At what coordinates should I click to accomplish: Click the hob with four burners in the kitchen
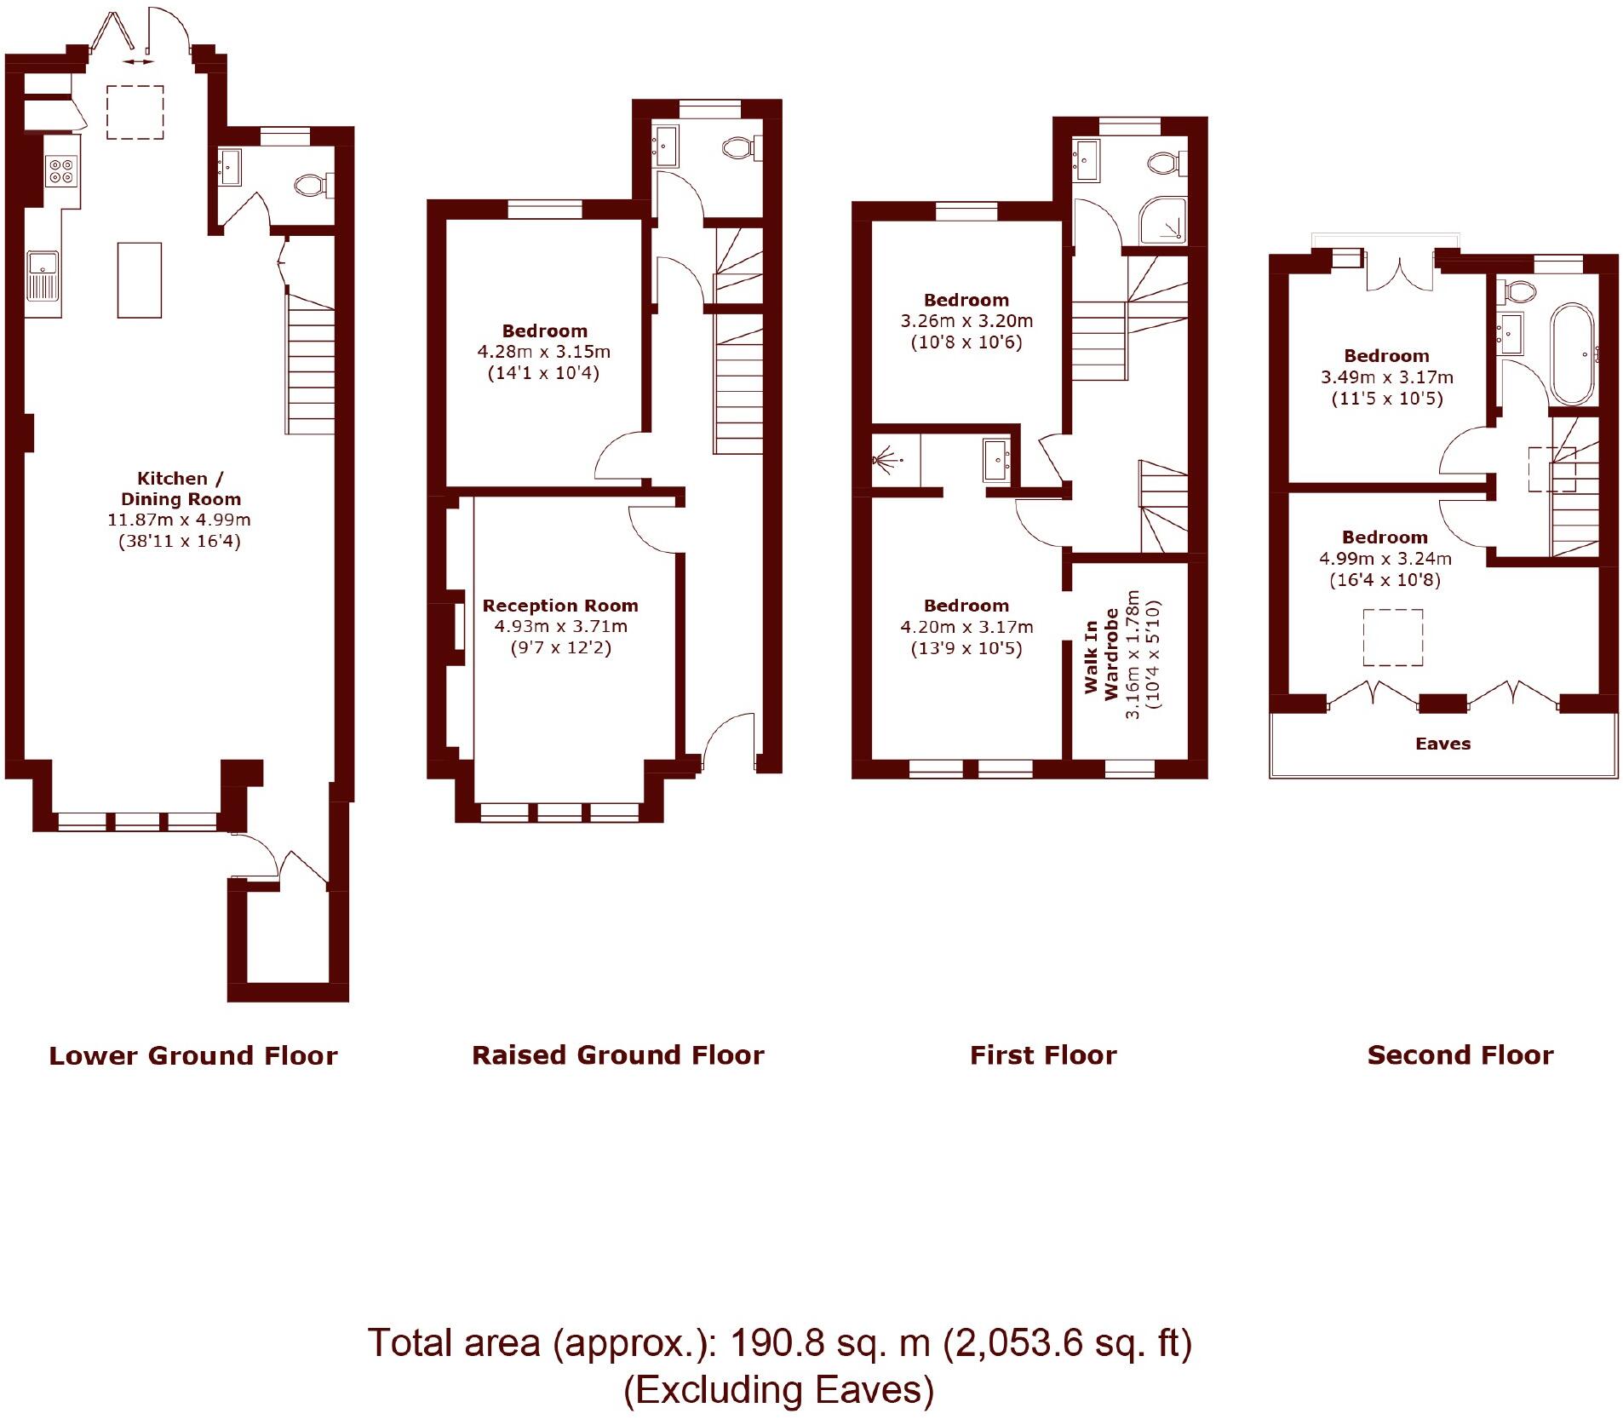60,171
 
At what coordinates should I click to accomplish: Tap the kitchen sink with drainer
42,275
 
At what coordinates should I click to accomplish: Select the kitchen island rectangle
140,280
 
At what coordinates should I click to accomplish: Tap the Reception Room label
560,606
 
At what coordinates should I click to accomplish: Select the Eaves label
1442,744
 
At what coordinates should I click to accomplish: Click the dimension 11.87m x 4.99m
179,520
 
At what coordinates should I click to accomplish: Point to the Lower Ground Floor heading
193,1056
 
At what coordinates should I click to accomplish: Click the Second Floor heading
1460,1055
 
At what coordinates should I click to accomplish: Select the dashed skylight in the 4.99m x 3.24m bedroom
1392,637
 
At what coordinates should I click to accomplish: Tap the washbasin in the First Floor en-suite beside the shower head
996,460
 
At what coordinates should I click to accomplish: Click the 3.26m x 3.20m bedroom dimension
966,321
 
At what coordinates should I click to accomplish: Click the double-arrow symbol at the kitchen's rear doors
137,61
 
